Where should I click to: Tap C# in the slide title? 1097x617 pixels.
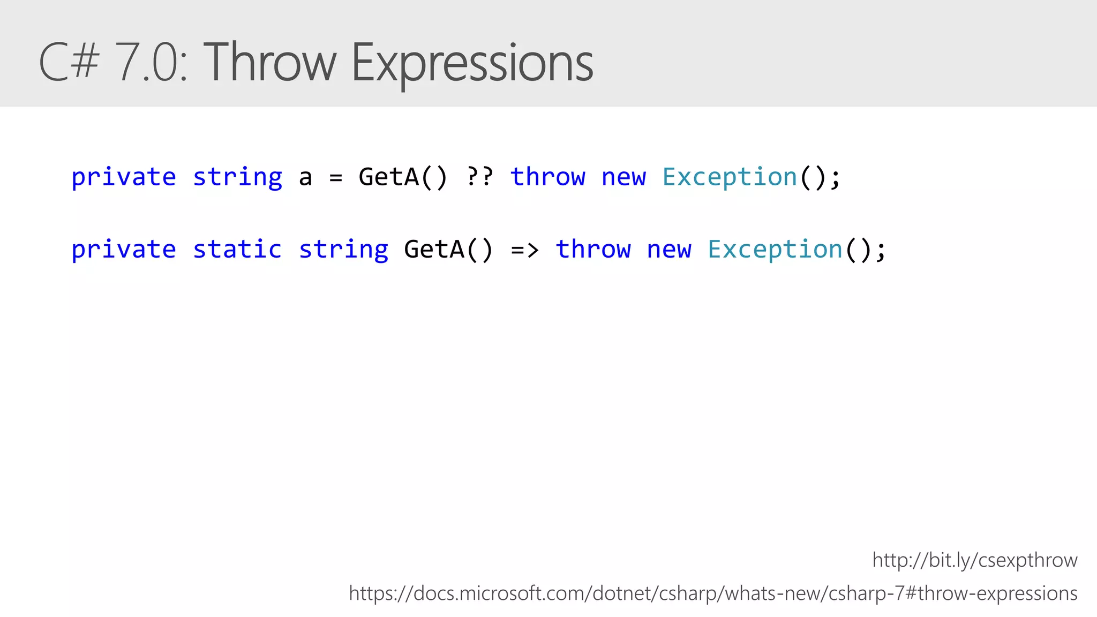pyautogui.click(x=69, y=63)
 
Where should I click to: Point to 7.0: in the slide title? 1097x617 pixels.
pyautogui.click(x=152, y=63)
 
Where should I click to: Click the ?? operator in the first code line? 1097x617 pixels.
pyautogui.click(x=479, y=177)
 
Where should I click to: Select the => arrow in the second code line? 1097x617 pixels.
pyautogui.click(x=524, y=250)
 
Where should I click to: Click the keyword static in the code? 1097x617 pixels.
pyautogui.click(x=237, y=250)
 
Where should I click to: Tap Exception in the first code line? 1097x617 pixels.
pyautogui.click(x=730, y=177)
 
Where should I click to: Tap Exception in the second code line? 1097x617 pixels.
pyautogui.click(x=775, y=250)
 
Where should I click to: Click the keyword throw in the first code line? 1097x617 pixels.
pyautogui.click(x=547, y=177)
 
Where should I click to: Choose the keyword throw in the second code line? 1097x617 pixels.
pyautogui.click(x=593, y=250)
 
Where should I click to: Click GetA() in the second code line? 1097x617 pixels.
pyautogui.click(x=448, y=250)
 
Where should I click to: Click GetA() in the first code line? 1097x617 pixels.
pyautogui.click(x=403, y=177)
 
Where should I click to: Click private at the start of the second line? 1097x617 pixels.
pyautogui.click(x=124, y=250)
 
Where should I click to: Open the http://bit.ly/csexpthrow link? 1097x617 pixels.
pyautogui.click(x=974, y=560)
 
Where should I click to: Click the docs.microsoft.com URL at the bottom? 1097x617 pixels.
pyautogui.click(x=712, y=593)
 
